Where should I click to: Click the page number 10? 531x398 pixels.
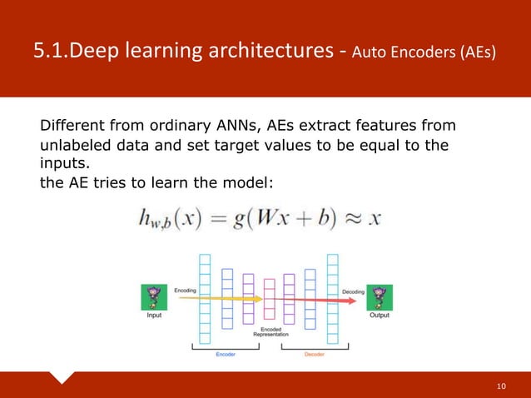(500, 386)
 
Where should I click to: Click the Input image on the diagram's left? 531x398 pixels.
(154, 296)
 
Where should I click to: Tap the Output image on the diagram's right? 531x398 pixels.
(380, 296)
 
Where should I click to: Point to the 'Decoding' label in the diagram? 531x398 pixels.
(353, 291)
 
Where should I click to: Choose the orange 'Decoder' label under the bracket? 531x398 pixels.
(314, 354)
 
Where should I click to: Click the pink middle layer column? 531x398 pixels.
(269, 299)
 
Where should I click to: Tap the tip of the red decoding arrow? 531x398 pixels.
(337, 299)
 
